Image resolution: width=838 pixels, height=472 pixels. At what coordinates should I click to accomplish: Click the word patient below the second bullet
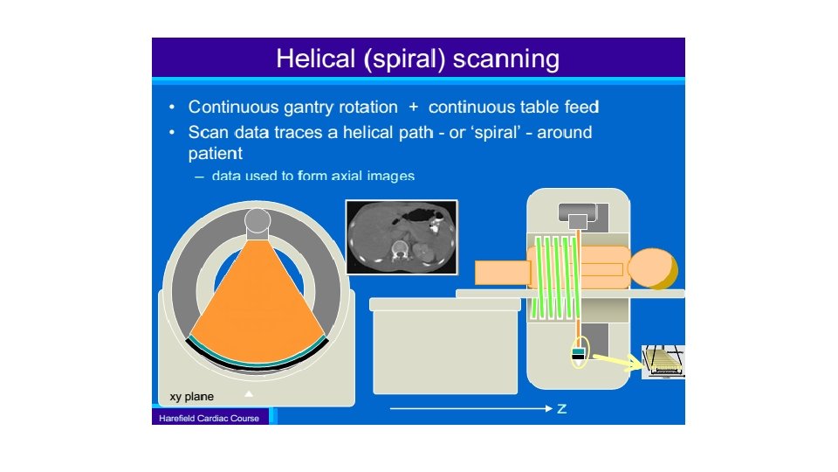point(216,154)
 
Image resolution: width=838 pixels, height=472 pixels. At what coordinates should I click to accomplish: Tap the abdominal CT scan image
point(402,236)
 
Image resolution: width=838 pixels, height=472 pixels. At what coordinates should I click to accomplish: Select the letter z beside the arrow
point(562,409)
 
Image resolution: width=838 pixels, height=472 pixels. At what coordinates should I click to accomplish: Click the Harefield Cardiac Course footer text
point(209,419)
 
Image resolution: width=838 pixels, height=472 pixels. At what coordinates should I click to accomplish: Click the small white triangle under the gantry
point(249,393)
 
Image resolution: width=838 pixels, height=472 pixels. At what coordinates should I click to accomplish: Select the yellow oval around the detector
point(577,353)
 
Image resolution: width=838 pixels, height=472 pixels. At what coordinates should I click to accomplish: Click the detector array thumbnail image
point(663,362)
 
